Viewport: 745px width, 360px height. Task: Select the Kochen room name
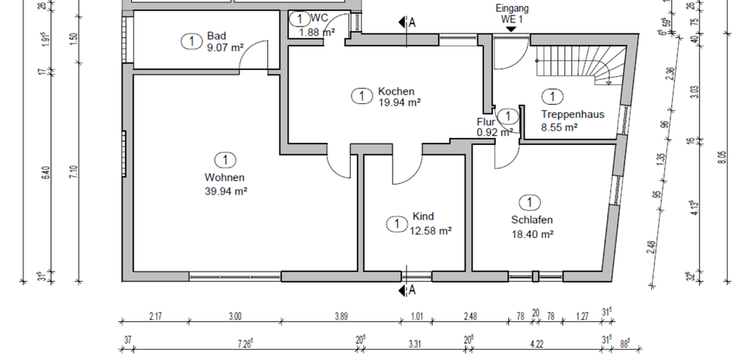(x=397, y=90)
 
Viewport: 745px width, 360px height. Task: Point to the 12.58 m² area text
(x=430, y=230)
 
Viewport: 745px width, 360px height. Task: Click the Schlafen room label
(x=532, y=220)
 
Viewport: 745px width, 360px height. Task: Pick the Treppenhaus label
(x=572, y=114)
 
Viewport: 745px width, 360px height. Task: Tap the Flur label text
(x=485, y=121)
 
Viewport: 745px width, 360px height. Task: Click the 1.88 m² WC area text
(x=317, y=32)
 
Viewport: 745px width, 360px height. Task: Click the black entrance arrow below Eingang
(x=511, y=29)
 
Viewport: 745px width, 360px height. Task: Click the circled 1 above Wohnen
(x=224, y=160)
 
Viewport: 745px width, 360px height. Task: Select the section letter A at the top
(x=412, y=22)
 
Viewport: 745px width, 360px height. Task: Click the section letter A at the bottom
(x=412, y=290)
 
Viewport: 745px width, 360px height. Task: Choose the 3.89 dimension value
(x=341, y=315)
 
